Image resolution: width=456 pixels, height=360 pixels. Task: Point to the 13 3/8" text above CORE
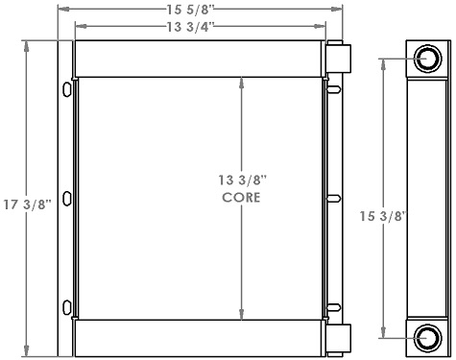244,180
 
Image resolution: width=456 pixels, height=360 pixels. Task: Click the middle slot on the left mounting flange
66,199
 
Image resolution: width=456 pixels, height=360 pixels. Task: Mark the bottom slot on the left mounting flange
66,307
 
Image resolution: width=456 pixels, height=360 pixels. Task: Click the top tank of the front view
199,59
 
